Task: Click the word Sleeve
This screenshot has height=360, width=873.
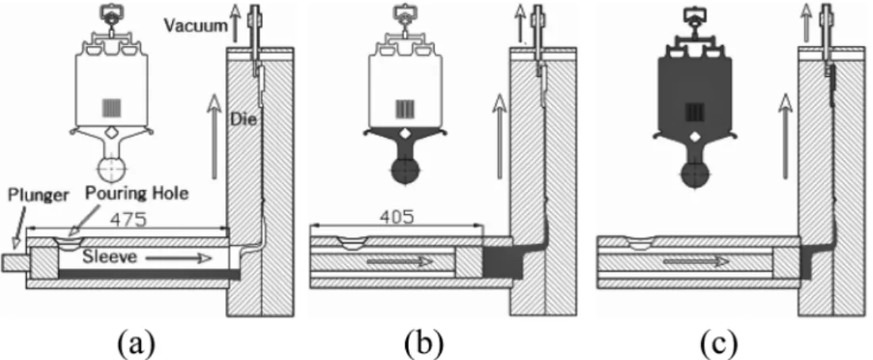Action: point(111,257)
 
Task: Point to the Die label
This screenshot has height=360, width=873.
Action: point(243,119)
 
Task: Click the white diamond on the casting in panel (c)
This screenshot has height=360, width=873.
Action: point(695,137)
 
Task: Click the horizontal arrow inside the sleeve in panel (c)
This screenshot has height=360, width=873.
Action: point(696,261)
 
